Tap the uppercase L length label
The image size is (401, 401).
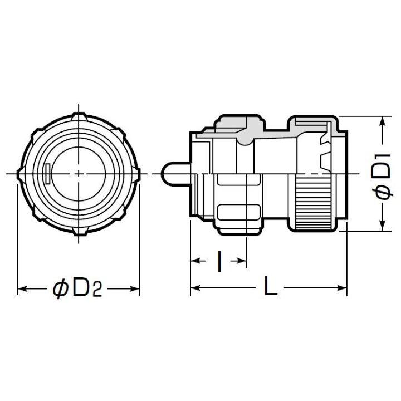(x=271, y=288)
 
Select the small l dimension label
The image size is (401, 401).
(x=219, y=261)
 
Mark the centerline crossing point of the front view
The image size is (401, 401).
(x=79, y=174)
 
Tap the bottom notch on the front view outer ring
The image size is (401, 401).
(x=79, y=232)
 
